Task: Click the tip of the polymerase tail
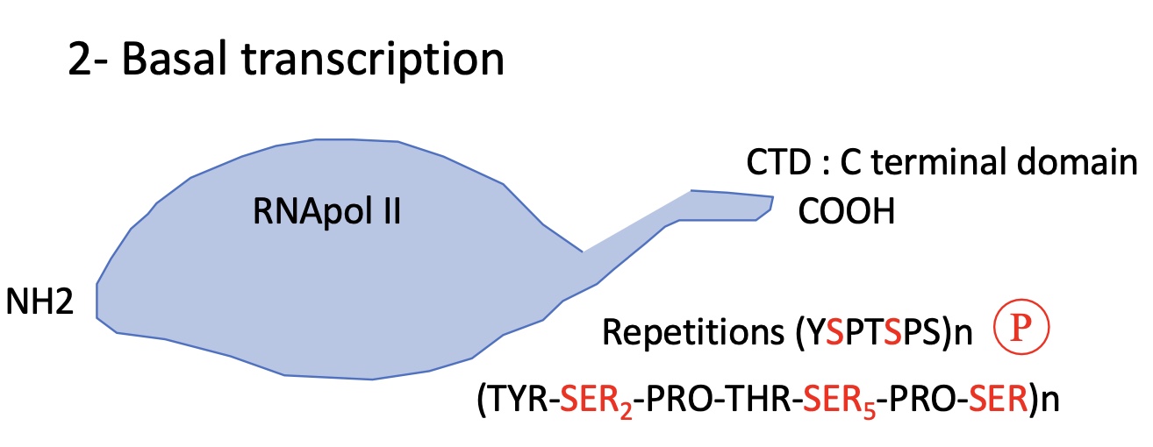pyautogui.click(x=770, y=204)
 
